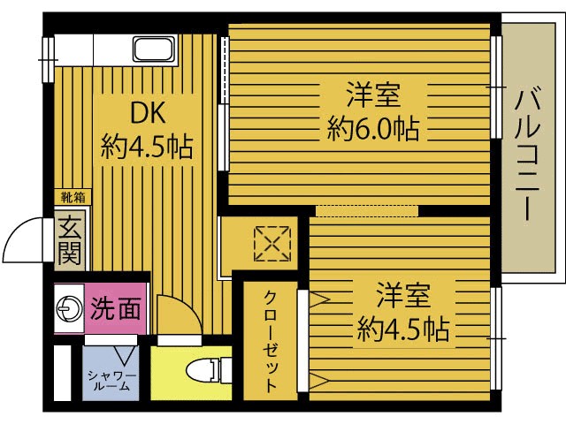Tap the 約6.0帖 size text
[371, 131]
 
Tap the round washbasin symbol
[67, 308]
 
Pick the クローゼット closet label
[271, 340]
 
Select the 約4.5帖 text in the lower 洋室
[402, 330]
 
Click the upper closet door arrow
[319, 300]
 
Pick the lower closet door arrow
[319, 382]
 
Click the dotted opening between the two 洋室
[366, 210]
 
